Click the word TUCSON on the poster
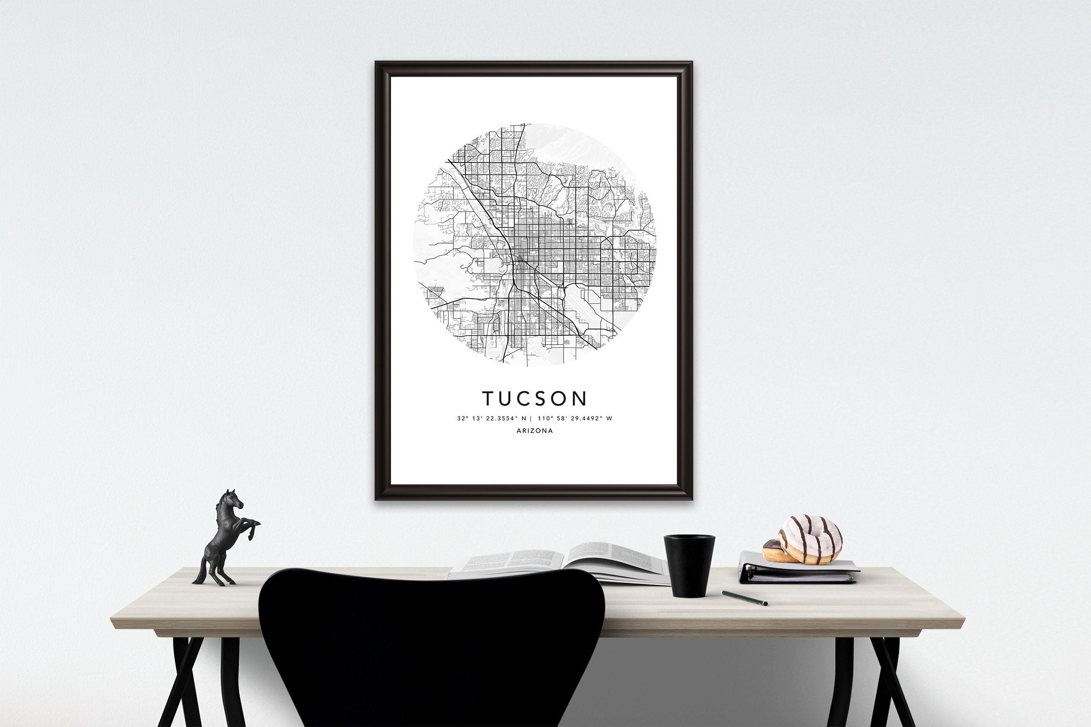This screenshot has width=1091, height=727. tap(535, 398)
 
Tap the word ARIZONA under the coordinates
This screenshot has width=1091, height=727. tap(535, 431)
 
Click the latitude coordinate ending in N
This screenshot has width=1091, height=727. tap(492, 418)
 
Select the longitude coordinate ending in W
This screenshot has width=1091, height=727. tap(575, 418)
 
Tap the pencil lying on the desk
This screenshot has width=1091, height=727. tap(744, 598)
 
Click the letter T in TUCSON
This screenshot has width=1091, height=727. tap(487, 398)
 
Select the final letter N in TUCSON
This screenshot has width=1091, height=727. tap(580, 398)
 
